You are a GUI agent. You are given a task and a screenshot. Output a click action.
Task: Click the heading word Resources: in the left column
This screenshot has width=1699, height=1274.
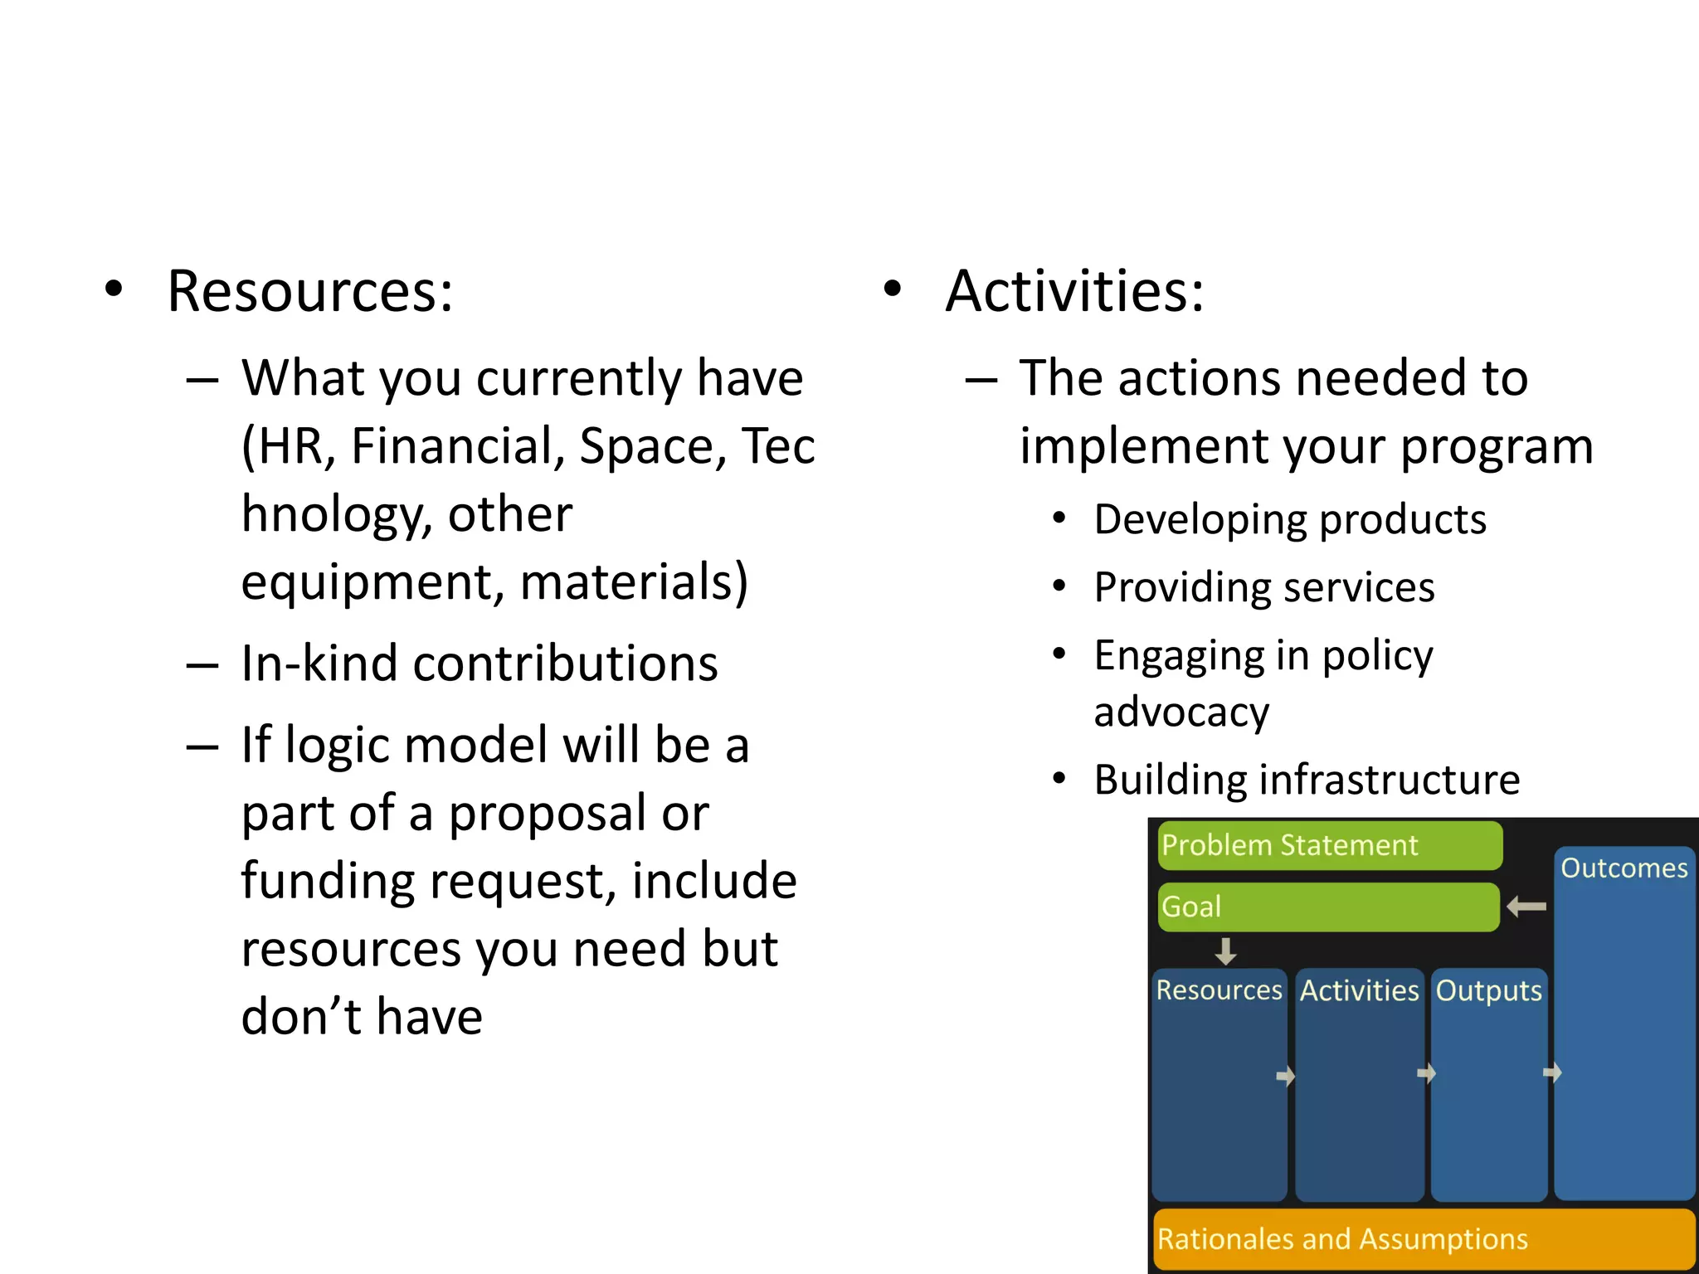pos(310,292)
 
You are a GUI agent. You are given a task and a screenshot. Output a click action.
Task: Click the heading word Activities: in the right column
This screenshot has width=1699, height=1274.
pos(1074,292)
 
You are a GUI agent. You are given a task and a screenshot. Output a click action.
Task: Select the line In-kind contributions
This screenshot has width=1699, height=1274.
pos(479,664)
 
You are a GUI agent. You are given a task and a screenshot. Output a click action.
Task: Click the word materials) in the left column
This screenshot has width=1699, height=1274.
pos(634,582)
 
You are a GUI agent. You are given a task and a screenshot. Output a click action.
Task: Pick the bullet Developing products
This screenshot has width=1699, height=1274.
pos(1289,520)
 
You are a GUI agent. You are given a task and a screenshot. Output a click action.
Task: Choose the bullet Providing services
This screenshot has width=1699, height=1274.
pos(1263,588)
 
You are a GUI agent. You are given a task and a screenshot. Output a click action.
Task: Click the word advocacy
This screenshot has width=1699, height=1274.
pos(1181,712)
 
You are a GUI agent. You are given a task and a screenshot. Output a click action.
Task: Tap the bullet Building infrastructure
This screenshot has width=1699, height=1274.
pos(1307,780)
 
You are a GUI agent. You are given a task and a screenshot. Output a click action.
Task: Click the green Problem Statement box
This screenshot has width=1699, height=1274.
pos(1329,845)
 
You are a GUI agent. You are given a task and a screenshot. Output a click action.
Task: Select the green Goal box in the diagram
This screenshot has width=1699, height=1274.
pos(1327,907)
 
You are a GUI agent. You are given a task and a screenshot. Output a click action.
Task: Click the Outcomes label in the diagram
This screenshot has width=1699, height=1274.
pos(1624,868)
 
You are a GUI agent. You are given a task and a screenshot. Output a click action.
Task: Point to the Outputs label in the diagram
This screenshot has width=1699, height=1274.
pos(1488,990)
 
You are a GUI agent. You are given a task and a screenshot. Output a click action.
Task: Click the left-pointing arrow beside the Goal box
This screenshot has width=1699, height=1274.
pos(1526,907)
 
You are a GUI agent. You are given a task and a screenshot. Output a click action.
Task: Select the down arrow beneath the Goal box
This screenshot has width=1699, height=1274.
pos(1225,951)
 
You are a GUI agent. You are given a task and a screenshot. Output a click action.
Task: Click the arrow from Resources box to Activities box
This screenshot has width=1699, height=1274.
pos(1285,1076)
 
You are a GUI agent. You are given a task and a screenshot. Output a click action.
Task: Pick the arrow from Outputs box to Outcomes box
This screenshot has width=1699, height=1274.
pos(1552,1073)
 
